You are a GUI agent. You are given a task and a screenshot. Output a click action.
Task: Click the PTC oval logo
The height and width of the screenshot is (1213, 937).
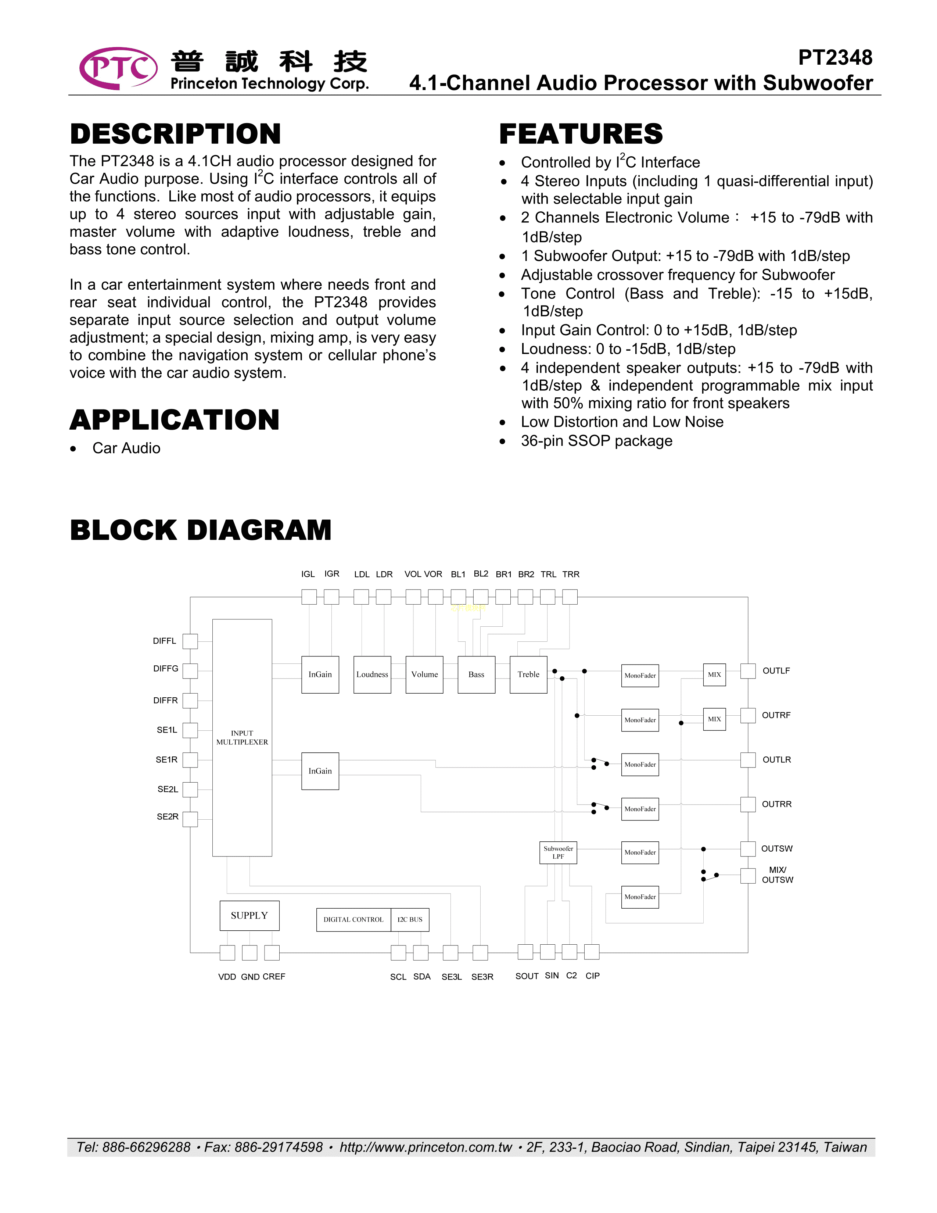tap(118, 68)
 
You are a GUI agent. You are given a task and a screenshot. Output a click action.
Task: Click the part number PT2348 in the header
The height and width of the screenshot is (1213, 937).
tap(835, 58)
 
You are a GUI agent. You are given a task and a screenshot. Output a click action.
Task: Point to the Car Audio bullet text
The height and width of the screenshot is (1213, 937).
tap(126, 448)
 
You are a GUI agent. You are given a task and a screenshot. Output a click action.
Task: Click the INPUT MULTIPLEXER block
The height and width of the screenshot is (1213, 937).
tap(242, 738)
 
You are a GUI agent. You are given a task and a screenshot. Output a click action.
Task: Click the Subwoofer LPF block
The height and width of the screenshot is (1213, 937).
tap(558, 852)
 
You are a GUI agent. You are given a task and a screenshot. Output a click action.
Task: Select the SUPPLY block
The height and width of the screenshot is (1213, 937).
tap(249, 915)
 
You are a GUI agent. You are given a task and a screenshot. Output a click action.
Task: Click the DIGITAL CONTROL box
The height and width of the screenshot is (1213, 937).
tap(353, 920)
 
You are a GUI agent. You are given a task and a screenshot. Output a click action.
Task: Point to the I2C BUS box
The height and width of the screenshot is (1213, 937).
tap(410, 920)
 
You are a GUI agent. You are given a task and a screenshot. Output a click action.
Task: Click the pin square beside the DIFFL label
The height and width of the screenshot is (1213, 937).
tap(190, 641)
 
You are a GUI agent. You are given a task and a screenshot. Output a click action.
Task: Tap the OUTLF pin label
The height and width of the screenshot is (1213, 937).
tap(776, 671)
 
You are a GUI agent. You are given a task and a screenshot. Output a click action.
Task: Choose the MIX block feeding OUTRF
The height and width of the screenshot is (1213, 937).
tap(714, 719)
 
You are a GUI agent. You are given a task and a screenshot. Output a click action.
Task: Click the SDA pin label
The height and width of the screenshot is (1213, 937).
tap(422, 976)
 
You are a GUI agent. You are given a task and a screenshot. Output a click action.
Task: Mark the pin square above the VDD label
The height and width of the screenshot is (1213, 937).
tap(227, 952)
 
